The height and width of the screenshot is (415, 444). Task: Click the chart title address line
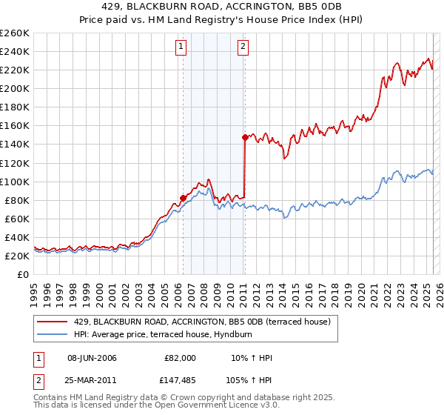pos(221,7)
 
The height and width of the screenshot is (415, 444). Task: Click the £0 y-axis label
pos(24,274)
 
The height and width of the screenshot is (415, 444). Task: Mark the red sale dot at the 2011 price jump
pos(244,137)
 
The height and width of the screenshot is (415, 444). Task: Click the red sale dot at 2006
pos(183,198)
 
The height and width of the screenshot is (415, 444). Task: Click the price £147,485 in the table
pos(180,380)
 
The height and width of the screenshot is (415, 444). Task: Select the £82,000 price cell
pos(180,358)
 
